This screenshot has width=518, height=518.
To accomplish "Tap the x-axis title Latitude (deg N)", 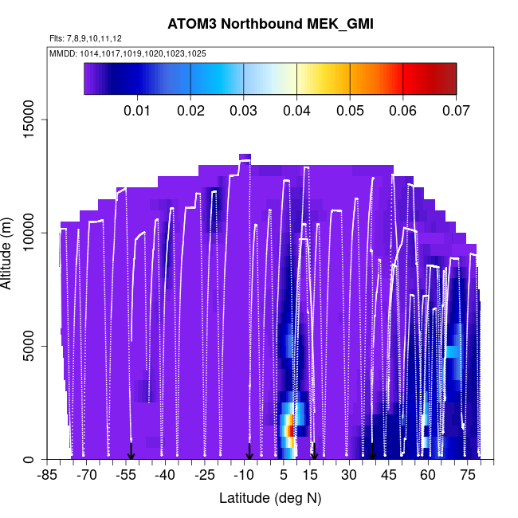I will click(270, 498).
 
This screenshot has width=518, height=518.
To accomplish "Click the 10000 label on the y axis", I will click(28, 233).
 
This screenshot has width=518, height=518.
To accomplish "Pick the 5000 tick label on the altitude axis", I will click(28, 346).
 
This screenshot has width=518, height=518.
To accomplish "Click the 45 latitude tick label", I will click(388, 476).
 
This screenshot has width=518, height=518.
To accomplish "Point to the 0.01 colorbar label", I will click(138, 109).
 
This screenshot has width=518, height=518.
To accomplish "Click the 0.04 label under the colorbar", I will click(297, 109).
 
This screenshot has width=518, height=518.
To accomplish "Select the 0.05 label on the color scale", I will click(350, 109).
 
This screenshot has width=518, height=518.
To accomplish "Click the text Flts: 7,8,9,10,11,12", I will click(85, 38).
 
